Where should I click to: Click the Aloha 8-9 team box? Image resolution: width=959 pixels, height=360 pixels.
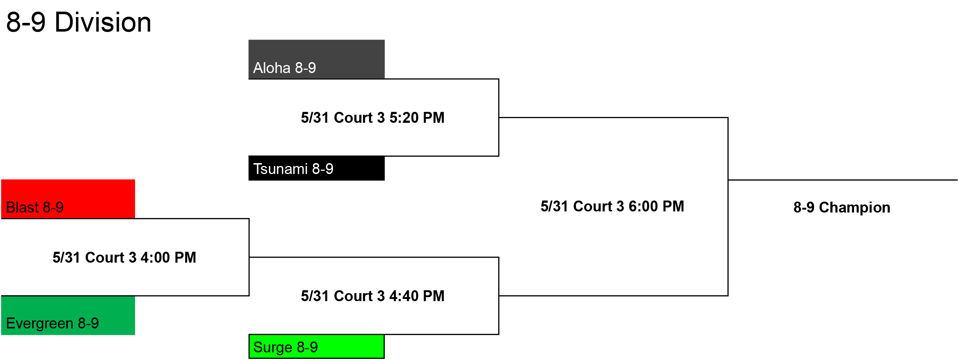[316, 59]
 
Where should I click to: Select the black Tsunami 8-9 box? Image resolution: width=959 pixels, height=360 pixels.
[316, 168]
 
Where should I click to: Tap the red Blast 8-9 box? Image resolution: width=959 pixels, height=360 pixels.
[68, 199]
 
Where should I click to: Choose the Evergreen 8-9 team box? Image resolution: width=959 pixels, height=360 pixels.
[68, 315]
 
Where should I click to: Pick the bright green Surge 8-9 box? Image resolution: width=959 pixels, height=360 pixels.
[316, 347]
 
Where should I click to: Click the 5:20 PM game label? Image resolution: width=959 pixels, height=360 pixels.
[373, 118]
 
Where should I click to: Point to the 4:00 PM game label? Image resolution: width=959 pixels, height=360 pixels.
[124, 258]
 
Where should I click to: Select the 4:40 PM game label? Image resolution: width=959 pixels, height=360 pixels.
[373, 296]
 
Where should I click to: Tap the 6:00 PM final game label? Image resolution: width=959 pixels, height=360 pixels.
[613, 206]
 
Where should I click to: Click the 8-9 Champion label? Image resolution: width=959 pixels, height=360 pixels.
[842, 208]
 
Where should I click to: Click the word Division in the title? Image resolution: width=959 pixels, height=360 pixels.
[103, 22]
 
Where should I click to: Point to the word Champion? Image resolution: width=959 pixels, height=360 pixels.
[854, 208]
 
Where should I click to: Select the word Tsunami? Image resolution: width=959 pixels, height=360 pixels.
[280, 169]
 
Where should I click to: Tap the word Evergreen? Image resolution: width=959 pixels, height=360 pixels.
[40, 324]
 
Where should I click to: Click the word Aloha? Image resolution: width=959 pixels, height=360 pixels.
[272, 68]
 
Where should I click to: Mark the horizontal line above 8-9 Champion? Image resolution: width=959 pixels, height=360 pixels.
[843, 180]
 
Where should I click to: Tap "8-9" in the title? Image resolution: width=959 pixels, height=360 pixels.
[26, 22]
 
